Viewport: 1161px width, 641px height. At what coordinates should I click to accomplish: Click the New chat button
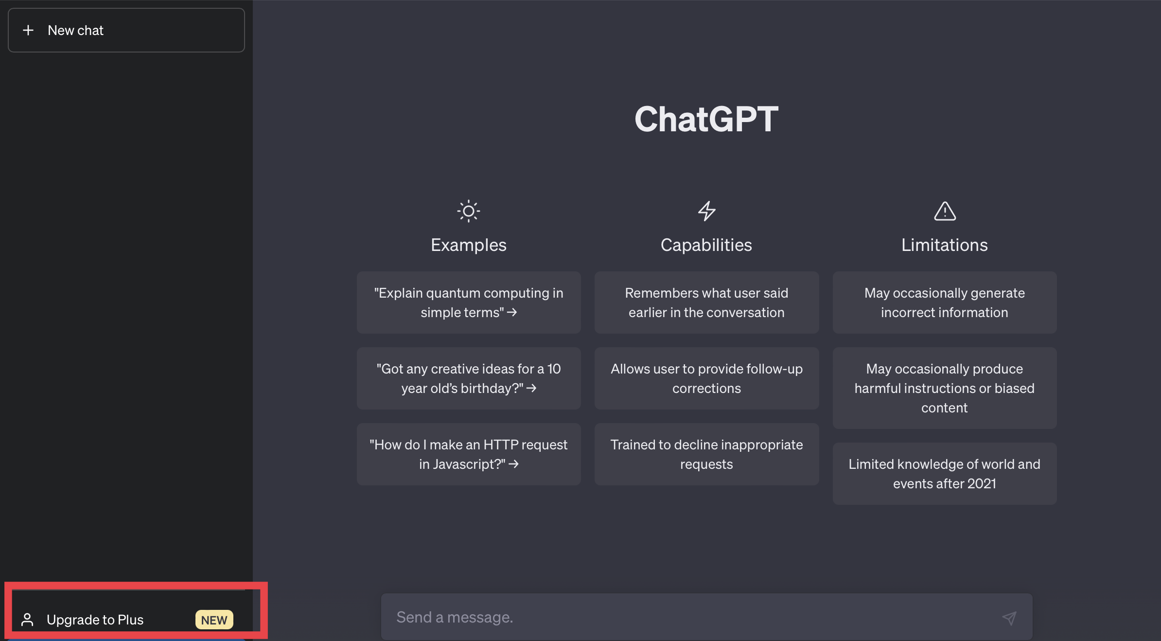[126, 30]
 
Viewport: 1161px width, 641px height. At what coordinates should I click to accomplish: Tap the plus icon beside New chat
[28, 30]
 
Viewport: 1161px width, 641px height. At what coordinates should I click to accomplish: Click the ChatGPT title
[706, 119]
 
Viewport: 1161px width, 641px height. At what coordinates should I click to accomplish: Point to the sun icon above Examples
[469, 211]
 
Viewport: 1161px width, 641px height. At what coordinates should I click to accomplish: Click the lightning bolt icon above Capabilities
[706, 211]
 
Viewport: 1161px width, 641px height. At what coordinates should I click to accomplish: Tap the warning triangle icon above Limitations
[945, 211]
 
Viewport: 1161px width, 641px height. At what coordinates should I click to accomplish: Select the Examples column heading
[469, 245]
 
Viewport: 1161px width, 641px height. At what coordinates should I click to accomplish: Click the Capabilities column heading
[706, 245]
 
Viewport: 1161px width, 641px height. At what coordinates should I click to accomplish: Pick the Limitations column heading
[945, 245]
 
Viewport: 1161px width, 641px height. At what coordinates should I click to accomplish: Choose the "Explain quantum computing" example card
[469, 303]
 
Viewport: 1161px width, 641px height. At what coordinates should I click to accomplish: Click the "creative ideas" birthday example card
[469, 378]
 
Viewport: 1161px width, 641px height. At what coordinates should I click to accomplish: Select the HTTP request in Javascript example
[469, 454]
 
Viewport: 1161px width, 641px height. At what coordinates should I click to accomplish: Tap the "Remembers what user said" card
[706, 303]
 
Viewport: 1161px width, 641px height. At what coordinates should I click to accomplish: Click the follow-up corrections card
[706, 378]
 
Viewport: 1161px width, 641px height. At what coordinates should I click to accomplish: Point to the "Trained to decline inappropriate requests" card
[706, 454]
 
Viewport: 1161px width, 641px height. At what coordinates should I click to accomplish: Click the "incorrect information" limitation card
[945, 303]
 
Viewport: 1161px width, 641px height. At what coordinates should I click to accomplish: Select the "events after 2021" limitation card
[945, 474]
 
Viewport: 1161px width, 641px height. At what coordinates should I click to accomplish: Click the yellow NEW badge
[214, 620]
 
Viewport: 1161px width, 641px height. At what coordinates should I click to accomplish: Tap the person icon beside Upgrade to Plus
[27, 620]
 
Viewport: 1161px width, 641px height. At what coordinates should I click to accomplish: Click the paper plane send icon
[1009, 618]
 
